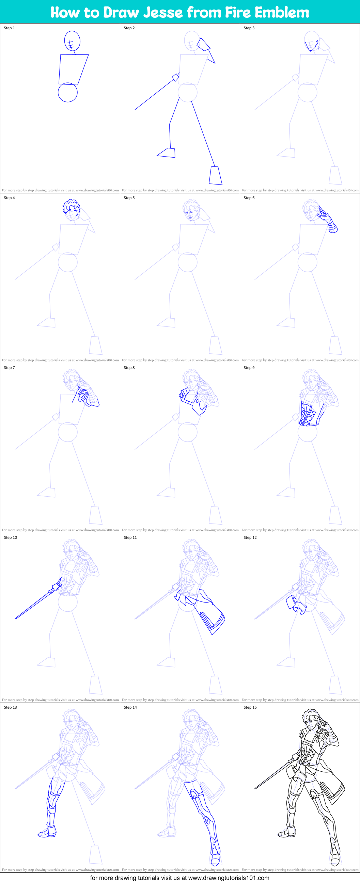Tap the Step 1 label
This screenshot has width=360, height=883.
9,28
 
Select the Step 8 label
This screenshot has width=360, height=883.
129,367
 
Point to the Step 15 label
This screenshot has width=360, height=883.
250,707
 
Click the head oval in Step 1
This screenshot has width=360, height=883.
72,41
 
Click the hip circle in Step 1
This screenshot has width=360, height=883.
67,93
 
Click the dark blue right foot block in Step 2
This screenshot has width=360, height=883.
215,175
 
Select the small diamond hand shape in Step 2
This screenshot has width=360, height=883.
175,77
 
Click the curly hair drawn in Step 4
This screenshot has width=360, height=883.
71,206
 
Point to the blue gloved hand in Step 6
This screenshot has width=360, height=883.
327,219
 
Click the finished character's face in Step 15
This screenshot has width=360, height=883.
310,725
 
